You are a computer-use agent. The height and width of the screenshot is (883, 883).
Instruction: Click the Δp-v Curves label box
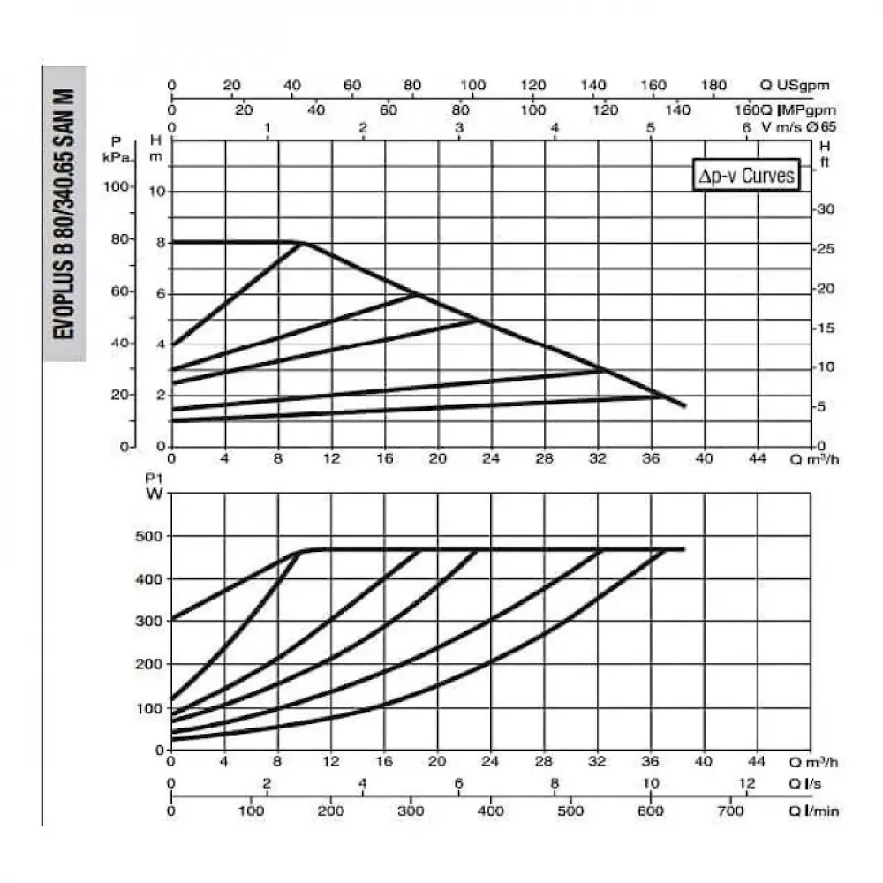(747, 176)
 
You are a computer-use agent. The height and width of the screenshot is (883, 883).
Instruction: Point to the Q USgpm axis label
(796, 86)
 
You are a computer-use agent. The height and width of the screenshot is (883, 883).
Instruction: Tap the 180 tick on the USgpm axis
(713, 86)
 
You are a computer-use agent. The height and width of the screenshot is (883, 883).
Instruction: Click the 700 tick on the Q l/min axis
(729, 810)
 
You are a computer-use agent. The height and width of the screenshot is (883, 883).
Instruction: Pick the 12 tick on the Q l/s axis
(747, 784)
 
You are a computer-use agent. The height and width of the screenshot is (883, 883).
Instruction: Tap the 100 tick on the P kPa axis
(117, 187)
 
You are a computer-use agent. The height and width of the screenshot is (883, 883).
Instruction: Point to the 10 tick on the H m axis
(155, 192)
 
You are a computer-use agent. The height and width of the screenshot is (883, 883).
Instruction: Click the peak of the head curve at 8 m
(303, 242)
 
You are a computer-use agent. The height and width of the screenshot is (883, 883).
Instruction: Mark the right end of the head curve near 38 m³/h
(683, 405)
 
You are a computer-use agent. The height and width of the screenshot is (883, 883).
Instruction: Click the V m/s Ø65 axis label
(800, 127)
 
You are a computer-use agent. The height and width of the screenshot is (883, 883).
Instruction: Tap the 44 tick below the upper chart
(757, 459)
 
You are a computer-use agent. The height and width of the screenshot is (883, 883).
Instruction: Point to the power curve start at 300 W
(173, 619)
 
